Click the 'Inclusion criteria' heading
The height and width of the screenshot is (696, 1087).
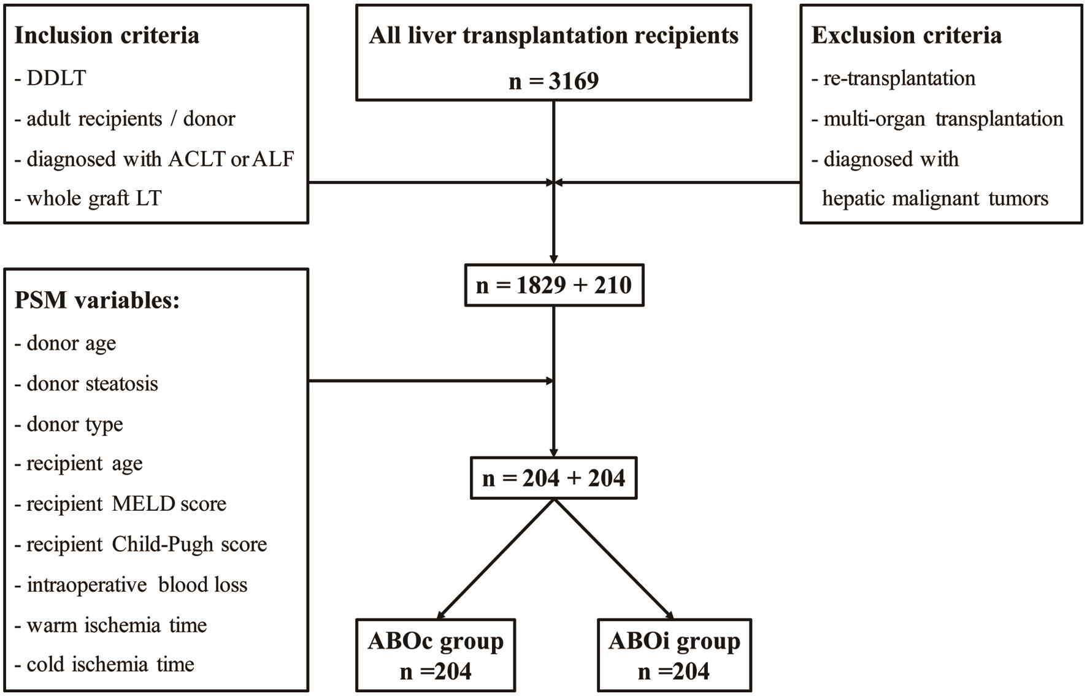107,36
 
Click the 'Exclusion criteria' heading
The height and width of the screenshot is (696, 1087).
906,36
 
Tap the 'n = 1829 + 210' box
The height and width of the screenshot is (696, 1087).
554,285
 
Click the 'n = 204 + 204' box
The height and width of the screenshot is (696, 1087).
554,478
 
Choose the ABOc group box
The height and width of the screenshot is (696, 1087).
436,655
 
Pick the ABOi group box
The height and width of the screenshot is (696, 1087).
674,655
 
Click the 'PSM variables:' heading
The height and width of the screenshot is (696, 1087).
97,300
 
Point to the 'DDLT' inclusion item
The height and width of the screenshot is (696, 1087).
56,78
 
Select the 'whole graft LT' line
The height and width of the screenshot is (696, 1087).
93,199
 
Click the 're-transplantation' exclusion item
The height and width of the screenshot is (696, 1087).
899,78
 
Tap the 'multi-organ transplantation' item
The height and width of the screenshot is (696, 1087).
943,118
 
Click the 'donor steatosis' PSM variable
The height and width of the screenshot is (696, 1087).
92,384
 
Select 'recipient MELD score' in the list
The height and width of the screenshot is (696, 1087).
126,504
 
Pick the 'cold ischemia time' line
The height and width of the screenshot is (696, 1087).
110,665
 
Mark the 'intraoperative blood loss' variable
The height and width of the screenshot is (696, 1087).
136,585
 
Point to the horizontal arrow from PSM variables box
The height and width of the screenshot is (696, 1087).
429,381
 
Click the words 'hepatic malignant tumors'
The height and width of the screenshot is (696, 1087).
935,199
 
